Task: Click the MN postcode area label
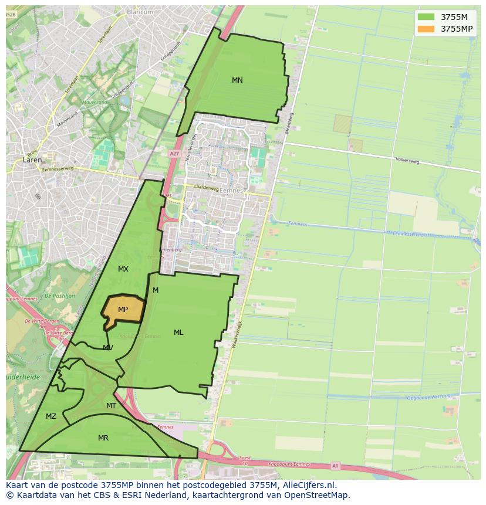click(x=237, y=80)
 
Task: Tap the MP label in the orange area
click(x=123, y=310)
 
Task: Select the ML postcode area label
click(x=178, y=333)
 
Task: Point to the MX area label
click(x=123, y=269)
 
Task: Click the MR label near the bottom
click(x=103, y=438)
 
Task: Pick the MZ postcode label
click(x=51, y=416)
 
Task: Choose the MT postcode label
click(x=111, y=406)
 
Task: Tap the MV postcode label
click(x=108, y=348)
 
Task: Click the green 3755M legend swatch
click(x=426, y=17)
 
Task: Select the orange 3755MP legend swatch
click(x=426, y=29)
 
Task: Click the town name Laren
click(x=31, y=160)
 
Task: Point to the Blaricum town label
click(x=140, y=12)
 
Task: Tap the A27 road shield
click(x=174, y=154)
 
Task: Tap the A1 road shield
click(x=335, y=466)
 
